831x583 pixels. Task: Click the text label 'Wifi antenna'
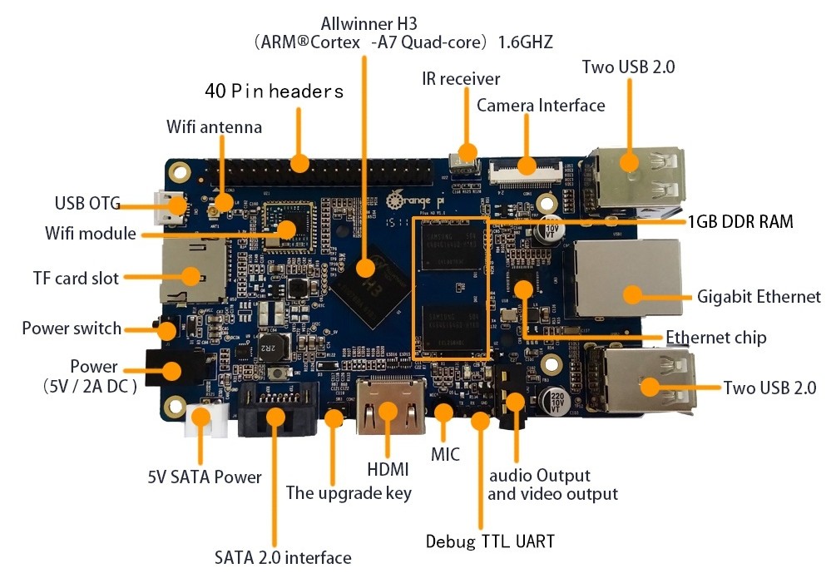click(214, 127)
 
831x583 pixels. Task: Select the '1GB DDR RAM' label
click(739, 221)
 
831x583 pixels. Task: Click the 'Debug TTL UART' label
click(490, 541)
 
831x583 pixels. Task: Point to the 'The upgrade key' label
click(349, 492)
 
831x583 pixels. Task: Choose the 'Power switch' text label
click(72, 329)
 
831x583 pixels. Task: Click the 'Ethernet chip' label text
click(715, 337)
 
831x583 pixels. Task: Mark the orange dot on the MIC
click(443, 413)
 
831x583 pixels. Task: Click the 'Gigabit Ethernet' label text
click(759, 297)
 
